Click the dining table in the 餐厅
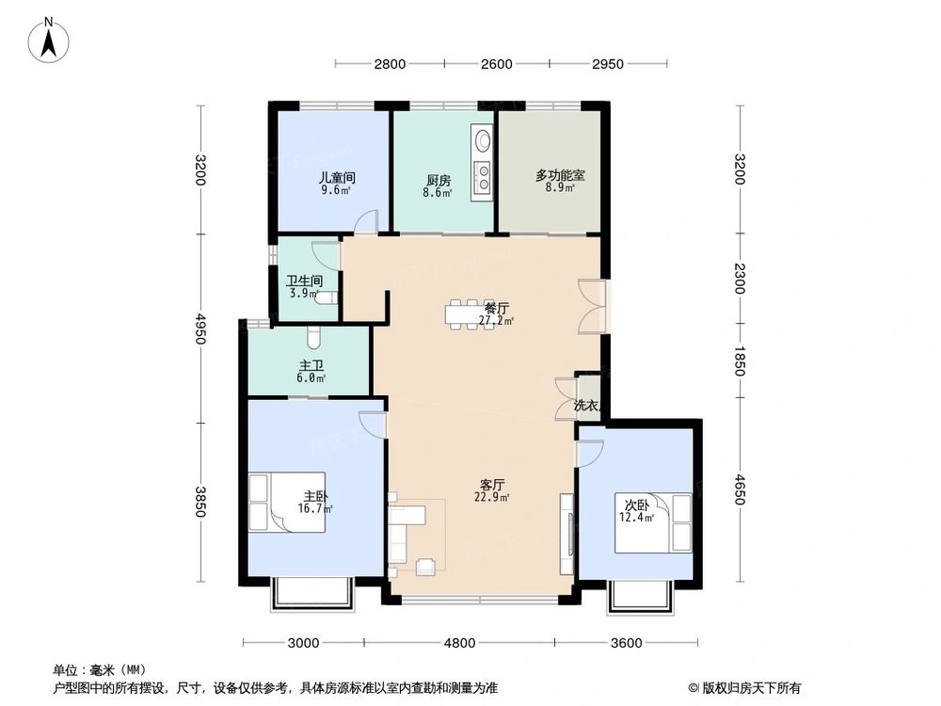tap(468, 314)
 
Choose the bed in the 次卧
tap(651, 523)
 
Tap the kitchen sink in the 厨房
tap(482, 141)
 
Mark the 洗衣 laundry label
tap(586, 406)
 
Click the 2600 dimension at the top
tap(496, 64)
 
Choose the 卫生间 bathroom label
tap(305, 281)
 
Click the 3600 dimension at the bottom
tap(626, 644)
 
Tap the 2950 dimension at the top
tap(609, 64)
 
